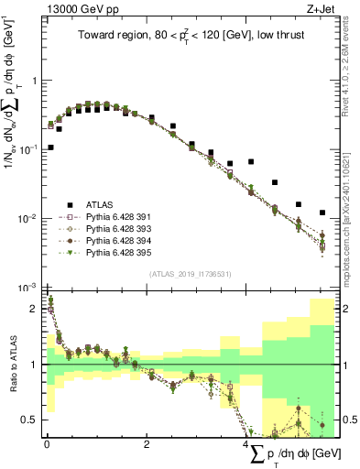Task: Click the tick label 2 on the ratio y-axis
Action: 33,309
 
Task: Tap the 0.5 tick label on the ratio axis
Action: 28,420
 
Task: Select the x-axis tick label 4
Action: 247,444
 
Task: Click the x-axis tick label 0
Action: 47,444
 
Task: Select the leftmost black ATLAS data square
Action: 50,147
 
